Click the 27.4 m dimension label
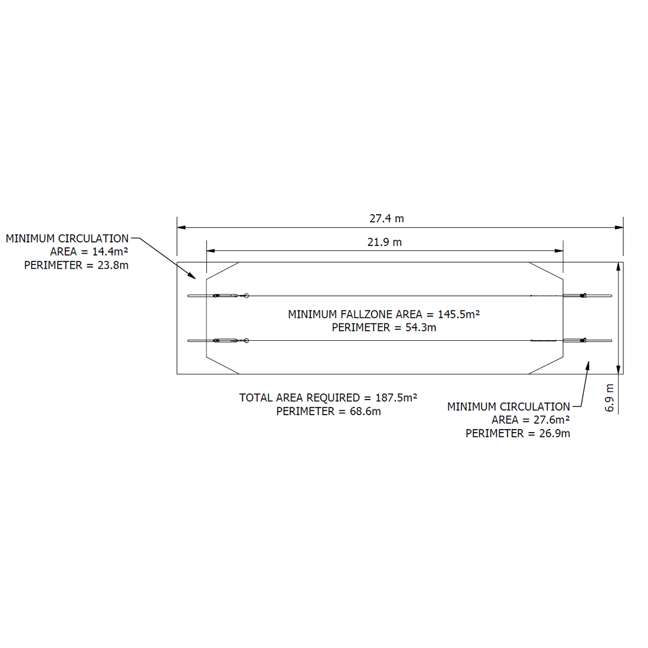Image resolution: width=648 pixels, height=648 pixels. click(x=386, y=218)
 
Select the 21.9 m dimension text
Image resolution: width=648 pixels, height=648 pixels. click(x=385, y=242)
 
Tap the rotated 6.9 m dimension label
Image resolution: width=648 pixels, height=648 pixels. click(x=610, y=397)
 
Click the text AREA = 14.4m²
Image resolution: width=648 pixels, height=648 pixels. click(x=89, y=251)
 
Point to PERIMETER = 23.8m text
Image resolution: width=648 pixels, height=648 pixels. click(x=76, y=265)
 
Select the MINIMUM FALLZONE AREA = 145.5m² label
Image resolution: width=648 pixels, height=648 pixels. click(x=383, y=314)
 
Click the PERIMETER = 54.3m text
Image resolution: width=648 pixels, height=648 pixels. click(x=383, y=328)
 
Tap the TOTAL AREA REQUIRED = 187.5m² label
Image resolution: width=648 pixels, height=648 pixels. click(x=328, y=397)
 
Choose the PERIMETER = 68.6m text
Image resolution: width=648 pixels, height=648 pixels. click(x=328, y=411)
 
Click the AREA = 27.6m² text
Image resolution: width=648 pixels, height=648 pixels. click(x=530, y=420)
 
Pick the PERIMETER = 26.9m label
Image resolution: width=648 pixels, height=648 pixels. click(x=517, y=433)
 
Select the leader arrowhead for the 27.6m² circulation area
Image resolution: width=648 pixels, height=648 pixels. click(x=589, y=364)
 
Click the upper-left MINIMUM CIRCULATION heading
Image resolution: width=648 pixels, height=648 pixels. click(x=67, y=238)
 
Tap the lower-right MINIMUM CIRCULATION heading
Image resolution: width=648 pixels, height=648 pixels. click(x=508, y=407)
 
